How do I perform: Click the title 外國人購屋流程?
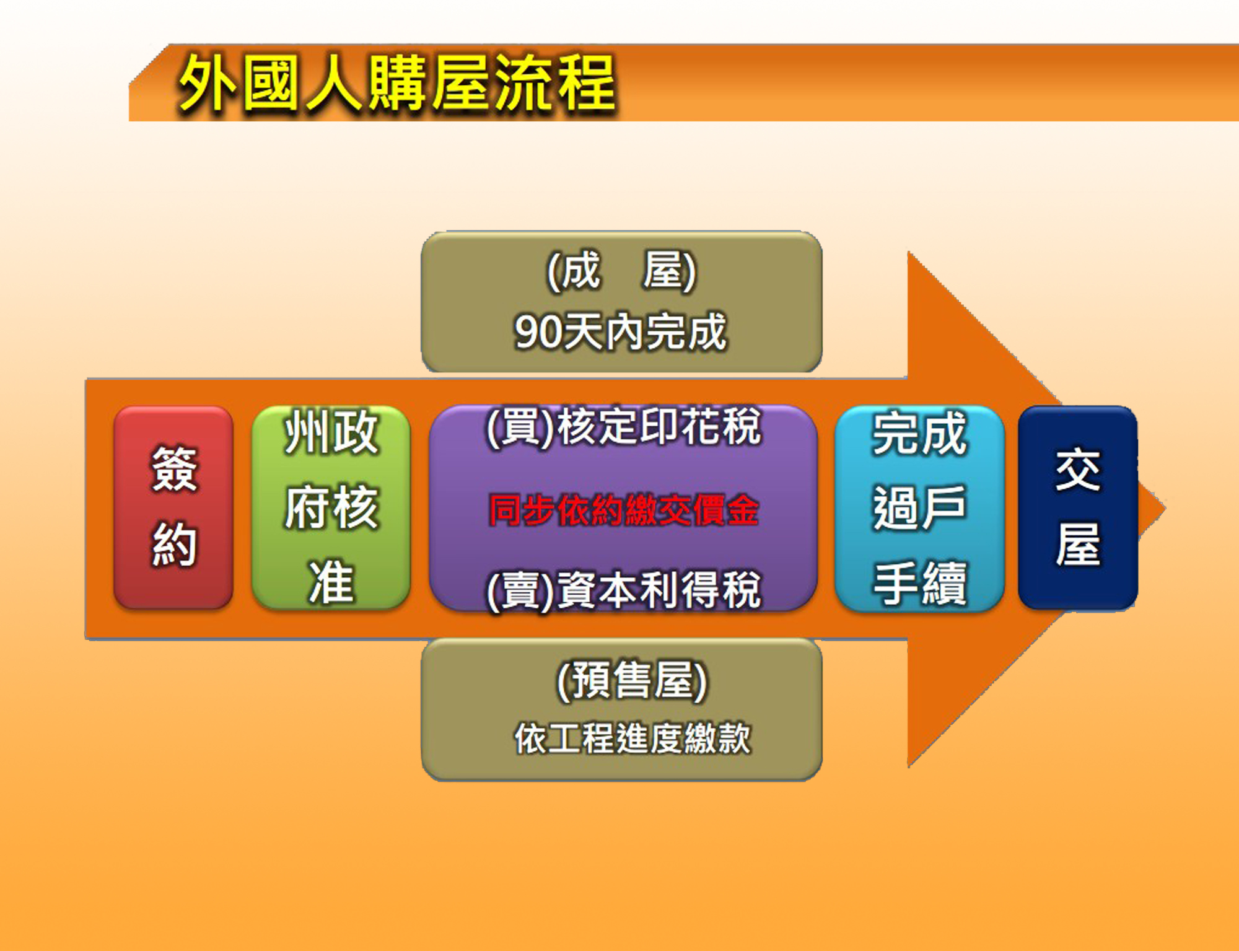(x=397, y=84)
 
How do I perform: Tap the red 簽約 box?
(x=173, y=507)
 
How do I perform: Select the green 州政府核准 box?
(x=331, y=507)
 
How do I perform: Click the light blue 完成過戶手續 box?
(x=919, y=508)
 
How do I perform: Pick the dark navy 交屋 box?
(x=1078, y=507)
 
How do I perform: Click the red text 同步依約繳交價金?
(x=624, y=510)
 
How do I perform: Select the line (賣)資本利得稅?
(x=624, y=590)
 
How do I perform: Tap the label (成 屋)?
(x=621, y=271)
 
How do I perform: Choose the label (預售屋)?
(x=632, y=680)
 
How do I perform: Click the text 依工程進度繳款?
(x=633, y=738)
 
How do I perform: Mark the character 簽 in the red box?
(x=174, y=469)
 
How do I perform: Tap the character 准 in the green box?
(x=331, y=582)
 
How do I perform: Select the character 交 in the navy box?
(x=1078, y=469)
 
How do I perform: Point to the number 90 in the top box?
(x=538, y=333)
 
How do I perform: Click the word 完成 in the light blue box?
(x=919, y=433)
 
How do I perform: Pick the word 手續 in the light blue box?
(x=919, y=582)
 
